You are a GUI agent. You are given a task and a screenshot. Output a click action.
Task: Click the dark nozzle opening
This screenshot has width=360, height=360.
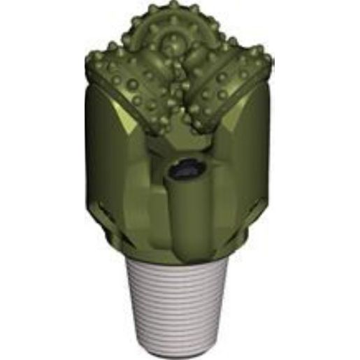click(184, 169)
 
